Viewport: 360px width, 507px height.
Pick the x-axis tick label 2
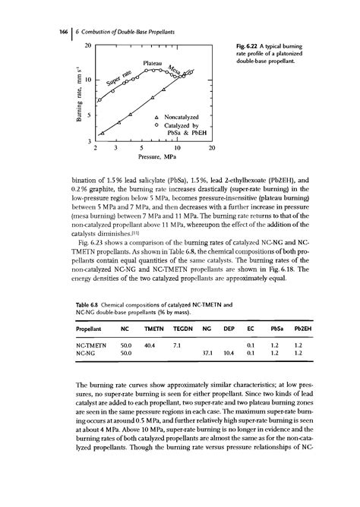pos(96,150)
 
